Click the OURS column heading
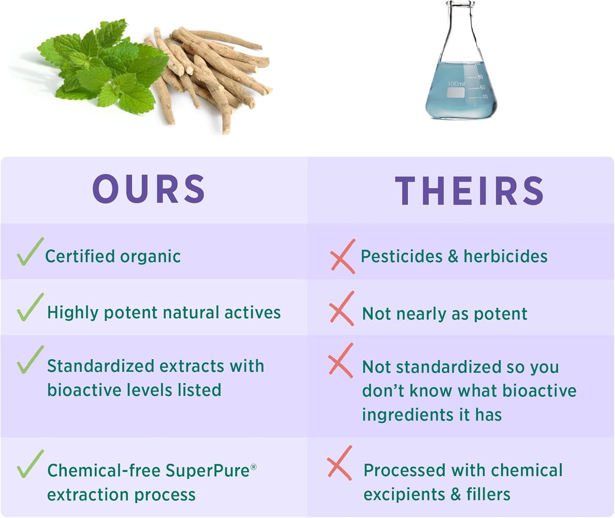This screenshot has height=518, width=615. pyautogui.click(x=149, y=189)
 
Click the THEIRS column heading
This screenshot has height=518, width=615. pyautogui.click(x=469, y=191)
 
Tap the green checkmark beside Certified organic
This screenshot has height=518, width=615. pyautogui.click(x=29, y=252)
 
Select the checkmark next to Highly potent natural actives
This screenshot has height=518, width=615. pyautogui.click(x=30, y=307)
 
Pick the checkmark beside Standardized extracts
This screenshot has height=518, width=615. pyautogui.click(x=30, y=360)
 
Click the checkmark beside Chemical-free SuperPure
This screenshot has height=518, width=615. pyautogui.click(x=30, y=464)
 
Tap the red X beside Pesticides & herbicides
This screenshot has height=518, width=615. pyautogui.click(x=343, y=257)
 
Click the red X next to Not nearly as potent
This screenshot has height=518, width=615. pyautogui.click(x=341, y=308)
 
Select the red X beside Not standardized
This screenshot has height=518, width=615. pyautogui.click(x=340, y=361)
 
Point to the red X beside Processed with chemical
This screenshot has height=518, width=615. pyautogui.click(x=339, y=463)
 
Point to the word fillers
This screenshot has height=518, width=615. pyautogui.click(x=488, y=494)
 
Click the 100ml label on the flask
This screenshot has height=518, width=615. pyautogui.click(x=455, y=83)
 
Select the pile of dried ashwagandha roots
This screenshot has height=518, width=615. pyautogui.click(x=213, y=71)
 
